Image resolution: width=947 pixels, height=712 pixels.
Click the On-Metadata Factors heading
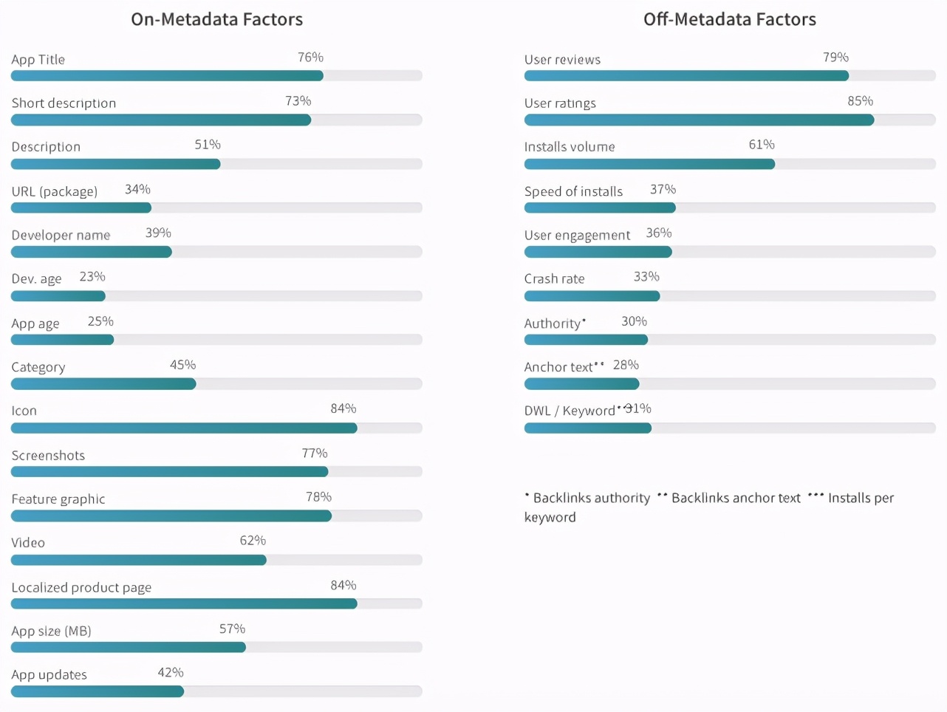coord(216,19)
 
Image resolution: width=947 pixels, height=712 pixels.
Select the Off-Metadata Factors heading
coord(729,19)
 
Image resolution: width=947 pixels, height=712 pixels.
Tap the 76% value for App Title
coord(310,58)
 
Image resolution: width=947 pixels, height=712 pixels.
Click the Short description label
coord(64,103)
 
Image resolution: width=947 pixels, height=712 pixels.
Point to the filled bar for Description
coord(115,164)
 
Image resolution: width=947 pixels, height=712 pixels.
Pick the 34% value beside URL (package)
coord(137,190)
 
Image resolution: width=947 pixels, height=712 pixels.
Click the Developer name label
coord(61,235)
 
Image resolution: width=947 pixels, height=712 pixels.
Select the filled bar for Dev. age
coord(58,296)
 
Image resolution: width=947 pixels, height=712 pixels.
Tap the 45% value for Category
coord(182,365)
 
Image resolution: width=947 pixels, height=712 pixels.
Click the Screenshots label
coord(48,456)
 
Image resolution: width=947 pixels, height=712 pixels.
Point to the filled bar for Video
coord(138,560)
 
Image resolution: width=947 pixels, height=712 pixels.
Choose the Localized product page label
coord(81,588)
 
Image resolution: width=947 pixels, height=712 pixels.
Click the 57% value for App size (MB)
coord(232,629)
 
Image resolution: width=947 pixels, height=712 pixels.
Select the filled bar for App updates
coord(97,691)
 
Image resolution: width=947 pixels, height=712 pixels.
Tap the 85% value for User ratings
coord(860,101)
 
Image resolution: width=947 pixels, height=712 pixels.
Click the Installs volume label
coord(570,147)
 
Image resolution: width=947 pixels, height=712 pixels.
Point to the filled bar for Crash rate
coord(592,296)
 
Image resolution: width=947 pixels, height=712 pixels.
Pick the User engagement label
coord(577,236)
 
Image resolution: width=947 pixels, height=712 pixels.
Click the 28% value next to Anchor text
coord(626,365)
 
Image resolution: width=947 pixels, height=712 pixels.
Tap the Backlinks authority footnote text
coord(591,499)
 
